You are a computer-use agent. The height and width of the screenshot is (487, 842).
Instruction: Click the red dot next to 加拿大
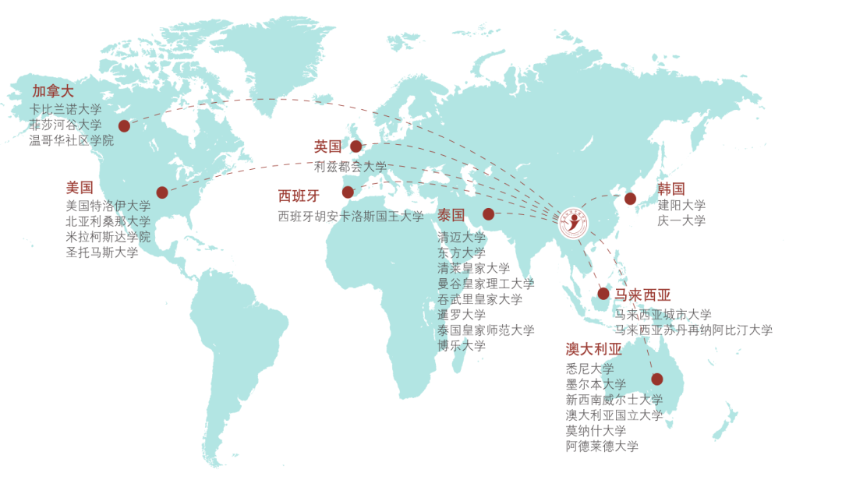point(124,125)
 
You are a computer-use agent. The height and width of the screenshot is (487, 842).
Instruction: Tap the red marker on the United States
point(162,192)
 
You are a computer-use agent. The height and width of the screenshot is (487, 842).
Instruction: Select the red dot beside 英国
point(356,146)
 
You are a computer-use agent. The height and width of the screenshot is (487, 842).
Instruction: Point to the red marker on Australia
point(657,379)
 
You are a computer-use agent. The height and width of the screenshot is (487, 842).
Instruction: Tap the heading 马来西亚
point(642,295)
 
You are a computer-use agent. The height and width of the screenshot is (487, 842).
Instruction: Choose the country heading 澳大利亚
point(594,349)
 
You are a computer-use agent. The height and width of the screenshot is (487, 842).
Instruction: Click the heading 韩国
point(670,189)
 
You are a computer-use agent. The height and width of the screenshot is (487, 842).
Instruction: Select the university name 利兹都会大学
point(350,166)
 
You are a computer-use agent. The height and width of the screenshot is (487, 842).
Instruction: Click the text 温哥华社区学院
point(72,140)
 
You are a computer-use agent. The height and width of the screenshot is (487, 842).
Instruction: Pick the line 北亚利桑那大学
point(108,221)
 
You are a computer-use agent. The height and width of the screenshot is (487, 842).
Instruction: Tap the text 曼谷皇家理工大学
point(486,284)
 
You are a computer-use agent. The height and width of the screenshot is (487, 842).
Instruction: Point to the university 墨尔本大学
point(596,384)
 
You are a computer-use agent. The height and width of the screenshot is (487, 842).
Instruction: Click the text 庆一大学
point(681,221)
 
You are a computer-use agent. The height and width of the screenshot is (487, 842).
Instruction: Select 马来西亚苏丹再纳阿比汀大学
point(694,330)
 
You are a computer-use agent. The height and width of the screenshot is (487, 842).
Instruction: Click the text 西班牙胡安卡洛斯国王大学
point(351,217)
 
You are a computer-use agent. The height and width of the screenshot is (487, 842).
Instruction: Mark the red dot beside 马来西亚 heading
point(603,294)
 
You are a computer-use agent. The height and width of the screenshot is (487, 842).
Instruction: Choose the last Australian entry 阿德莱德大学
point(602,446)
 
